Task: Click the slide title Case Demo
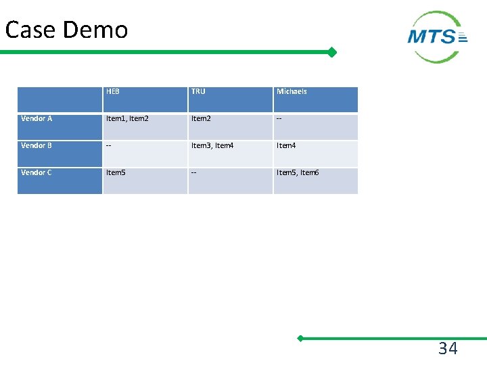pos(66,30)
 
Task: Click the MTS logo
pos(438,36)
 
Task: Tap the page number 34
pos(448,349)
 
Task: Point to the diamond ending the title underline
pos(332,52)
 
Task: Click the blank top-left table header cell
pos(60,99)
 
